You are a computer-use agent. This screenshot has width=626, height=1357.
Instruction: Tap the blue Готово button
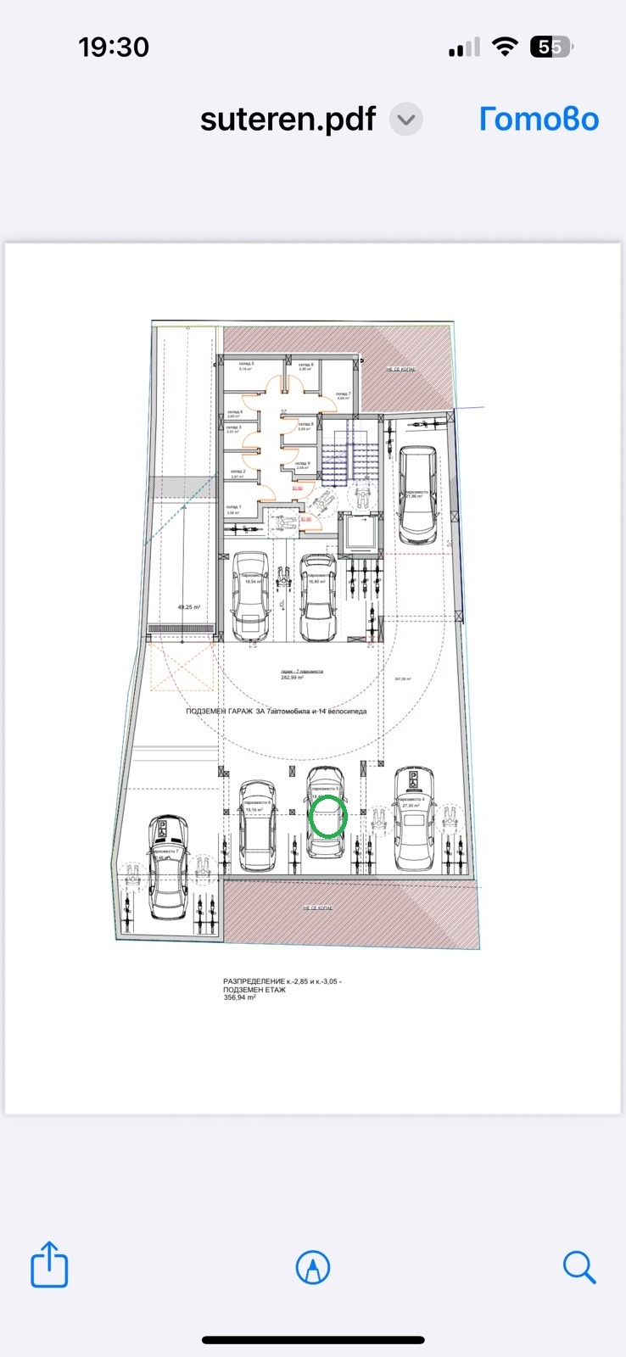[539, 119]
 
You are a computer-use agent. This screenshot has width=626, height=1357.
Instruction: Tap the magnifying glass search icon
[579, 1267]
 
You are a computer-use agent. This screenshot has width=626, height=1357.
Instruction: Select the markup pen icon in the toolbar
[313, 1268]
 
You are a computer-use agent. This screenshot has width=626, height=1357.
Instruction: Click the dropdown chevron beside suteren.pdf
[406, 120]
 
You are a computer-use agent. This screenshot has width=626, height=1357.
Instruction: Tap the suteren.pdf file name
[288, 119]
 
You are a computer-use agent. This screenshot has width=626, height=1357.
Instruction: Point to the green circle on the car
[328, 818]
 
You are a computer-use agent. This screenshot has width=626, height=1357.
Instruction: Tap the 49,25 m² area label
[188, 607]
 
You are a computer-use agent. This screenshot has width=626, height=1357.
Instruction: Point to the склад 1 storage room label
[233, 508]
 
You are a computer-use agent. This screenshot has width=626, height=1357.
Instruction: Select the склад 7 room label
[342, 395]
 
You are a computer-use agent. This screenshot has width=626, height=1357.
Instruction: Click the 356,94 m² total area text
[240, 997]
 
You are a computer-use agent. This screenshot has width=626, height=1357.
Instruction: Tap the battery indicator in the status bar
[551, 47]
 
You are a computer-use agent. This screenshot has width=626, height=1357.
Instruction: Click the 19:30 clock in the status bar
[114, 47]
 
